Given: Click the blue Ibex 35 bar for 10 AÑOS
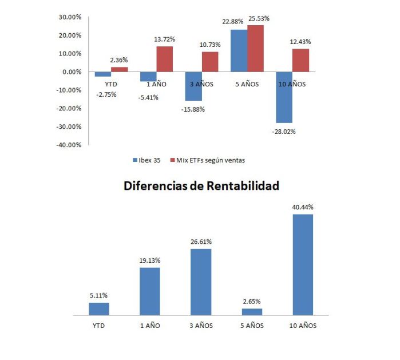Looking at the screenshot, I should pyautogui.click(x=284, y=97).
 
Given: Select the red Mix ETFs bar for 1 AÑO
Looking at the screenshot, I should pyautogui.click(x=165, y=59).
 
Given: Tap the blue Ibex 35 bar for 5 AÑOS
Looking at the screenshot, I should pyautogui.click(x=239, y=51).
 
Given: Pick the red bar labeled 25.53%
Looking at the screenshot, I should pyautogui.click(x=255, y=49).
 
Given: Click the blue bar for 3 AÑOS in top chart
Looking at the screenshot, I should pyautogui.click(x=193, y=86).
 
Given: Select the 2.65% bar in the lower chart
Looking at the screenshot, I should pyautogui.click(x=252, y=312).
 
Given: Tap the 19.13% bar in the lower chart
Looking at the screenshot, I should pyautogui.click(x=150, y=291).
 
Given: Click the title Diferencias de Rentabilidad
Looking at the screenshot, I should pyautogui.click(x=201, y=186).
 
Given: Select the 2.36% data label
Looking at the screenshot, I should pyautogui.click(x=119, y=60).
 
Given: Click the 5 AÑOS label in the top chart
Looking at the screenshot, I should pyautogui.click(x=247, y=84).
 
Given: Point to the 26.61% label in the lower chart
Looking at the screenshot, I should pyautogui.click(x=201, y=242).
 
